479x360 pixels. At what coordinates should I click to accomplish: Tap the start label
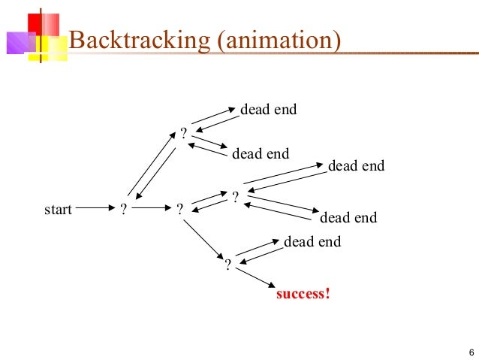click(x=58, y=210)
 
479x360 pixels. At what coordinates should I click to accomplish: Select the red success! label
click(x=303, y=293)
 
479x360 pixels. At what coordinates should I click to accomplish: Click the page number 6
click(x=470, y=353)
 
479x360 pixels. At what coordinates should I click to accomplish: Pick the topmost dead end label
click(x=268, y=110)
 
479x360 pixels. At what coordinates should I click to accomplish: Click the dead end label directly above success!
click(x=312, y=242)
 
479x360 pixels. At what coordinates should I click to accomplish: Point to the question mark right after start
click(x=123, y=210)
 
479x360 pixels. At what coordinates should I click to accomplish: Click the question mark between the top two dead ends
click(x=183, y=135)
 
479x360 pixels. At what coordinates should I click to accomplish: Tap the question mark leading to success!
click(x=228, y=265)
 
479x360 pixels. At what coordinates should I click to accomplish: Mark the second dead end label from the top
click(x=261, y=154)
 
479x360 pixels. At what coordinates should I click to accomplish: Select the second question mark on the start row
click(x=179, y=210)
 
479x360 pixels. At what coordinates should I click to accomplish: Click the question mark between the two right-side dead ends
click(x=235, y=196)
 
